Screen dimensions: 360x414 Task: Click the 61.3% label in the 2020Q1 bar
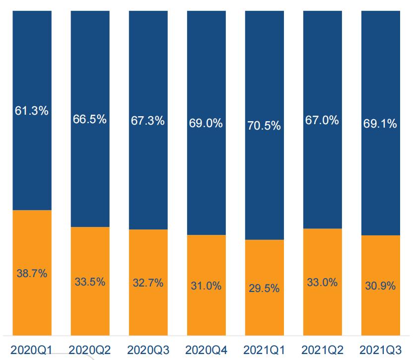[x=32, y=111]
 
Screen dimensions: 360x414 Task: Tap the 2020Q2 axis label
[x=90, y=351]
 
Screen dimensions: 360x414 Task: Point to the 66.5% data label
[x=90, y=120]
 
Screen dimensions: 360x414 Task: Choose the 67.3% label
[x=148, y=121]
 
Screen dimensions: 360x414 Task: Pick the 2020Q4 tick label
[x=206, y=351]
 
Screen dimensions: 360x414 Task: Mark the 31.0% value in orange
[x=206, y=286]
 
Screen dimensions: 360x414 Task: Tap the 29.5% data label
[x=264, y=288]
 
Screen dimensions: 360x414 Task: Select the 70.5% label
[x=264, y=126]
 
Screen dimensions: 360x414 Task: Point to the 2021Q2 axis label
[x=322, y=351]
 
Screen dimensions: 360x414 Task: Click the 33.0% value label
[x=322, y=283]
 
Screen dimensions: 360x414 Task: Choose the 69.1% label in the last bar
[x=380, y=124]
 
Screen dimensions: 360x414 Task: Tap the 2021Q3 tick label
[x=380, y=351]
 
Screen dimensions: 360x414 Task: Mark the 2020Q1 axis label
[x=32, y=351]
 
